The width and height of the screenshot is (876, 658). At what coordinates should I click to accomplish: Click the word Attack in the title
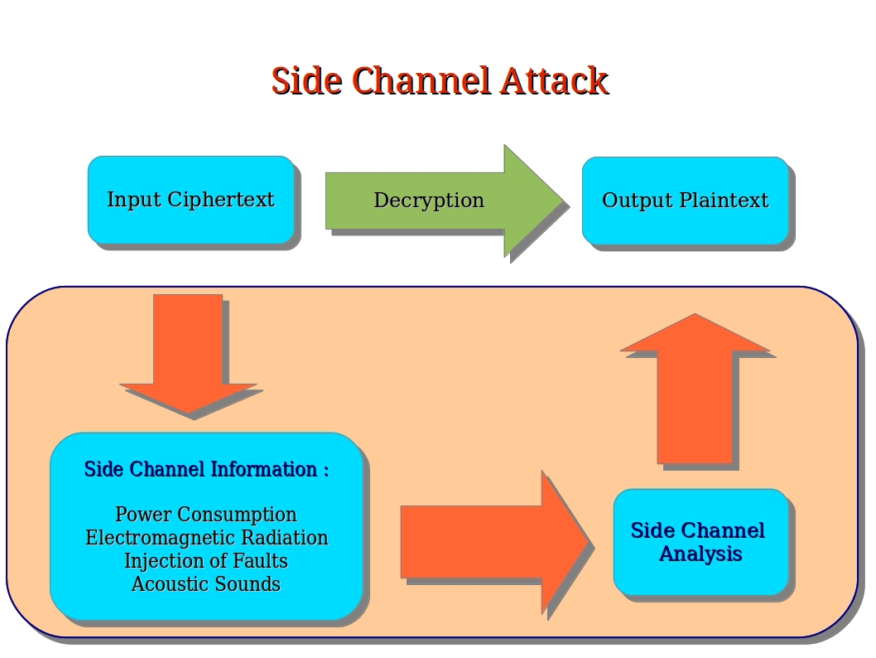[x=554, y=81]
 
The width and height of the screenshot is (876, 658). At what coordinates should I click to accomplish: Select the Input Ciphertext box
[x=190, y=200]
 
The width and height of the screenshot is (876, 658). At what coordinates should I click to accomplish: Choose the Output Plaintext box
[x=685, y=201]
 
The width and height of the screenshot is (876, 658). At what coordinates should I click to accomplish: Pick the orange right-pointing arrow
[x=493, y=542]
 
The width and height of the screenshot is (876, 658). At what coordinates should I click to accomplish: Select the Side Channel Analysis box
[x=700, y=542]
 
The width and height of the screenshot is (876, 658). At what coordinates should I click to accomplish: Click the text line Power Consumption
[x=206, y=515]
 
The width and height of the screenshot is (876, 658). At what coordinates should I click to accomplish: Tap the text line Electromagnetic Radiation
[x=206, y=538]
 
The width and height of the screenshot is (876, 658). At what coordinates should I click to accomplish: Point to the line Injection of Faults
[x=206, y=561]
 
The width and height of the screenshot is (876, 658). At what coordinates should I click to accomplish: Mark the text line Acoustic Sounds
[x=206, y=584]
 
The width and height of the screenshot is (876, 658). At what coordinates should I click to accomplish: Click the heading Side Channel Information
[x=206, y=470]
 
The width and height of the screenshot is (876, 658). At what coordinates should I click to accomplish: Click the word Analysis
[x=700, y=554]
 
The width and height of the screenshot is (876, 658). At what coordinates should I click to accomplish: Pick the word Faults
[x=259, y=561]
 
